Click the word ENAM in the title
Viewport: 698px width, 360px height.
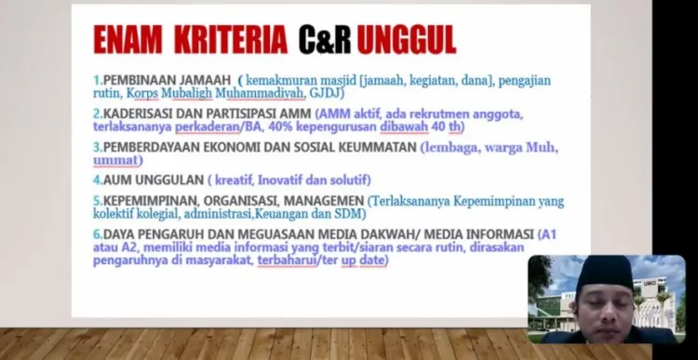(x=128, y=40)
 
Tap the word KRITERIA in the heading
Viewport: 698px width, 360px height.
(x=231, y=40)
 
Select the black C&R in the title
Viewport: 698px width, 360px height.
(x=325, y=40)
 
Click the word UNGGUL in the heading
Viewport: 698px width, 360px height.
(x=407, y=40)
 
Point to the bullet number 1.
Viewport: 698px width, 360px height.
(x=98, y=81)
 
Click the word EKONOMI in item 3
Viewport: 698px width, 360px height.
(x=232, y=147)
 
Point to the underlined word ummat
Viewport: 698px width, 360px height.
(x=115, y=160)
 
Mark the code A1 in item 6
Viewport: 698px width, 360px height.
(x=549, y=234)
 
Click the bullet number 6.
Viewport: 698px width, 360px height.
(x=98, y=234)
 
